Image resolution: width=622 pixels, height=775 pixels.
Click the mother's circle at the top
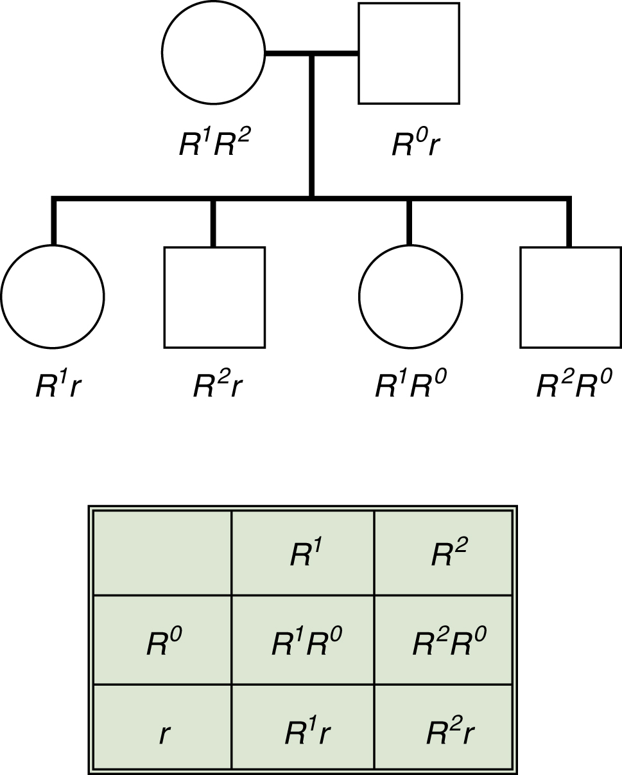coord(214,53)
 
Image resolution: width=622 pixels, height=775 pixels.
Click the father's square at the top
coord(409,53)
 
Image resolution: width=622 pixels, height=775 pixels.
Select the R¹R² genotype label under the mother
coord(214,145)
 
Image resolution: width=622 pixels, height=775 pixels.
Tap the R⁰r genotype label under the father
coord(415,145)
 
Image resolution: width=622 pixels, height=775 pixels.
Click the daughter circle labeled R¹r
coord(53,297)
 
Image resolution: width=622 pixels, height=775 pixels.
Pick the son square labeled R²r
coord(214,297)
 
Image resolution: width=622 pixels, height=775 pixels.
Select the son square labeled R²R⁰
coord(570,297)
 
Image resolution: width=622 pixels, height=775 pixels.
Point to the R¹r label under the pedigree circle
coord(58,386)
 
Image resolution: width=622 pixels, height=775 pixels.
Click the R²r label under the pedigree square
coord(218,386)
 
